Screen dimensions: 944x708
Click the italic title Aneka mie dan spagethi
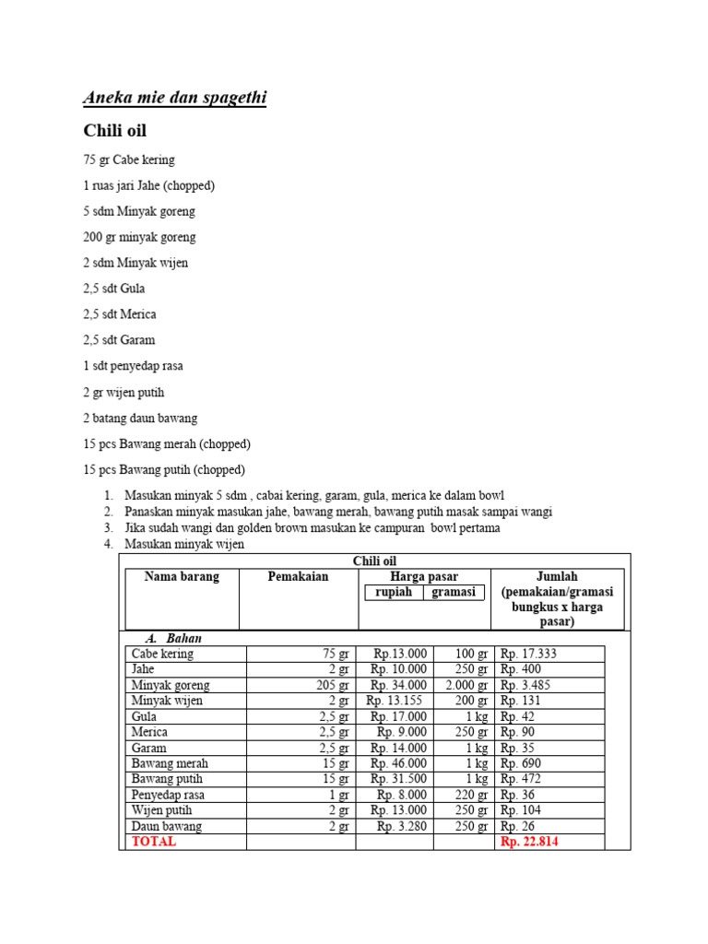point(174,98)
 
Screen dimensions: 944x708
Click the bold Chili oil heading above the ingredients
point(115,131)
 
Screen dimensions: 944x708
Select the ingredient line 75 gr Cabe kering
point(129,159)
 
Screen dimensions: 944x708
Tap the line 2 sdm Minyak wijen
point(136,263)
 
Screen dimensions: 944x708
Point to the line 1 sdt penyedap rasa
point(133,366)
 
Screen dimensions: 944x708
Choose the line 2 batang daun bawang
point(140,418)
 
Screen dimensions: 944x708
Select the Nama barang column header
point(182,577)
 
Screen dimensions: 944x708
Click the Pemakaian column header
point(298,577)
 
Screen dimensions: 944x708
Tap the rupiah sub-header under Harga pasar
point(394,593)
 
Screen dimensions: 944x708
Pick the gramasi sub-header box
point(454,593)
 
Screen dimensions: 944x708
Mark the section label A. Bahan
point(174,638)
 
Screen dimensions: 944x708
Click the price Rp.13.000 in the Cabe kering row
point(398,654)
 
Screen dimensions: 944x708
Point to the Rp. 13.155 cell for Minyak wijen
point(396,701)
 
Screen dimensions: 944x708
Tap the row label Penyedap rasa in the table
point(169,795)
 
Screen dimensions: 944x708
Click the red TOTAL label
point(154,842)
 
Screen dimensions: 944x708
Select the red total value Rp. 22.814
point(529,842)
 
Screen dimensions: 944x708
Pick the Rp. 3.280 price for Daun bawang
point(402,826)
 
